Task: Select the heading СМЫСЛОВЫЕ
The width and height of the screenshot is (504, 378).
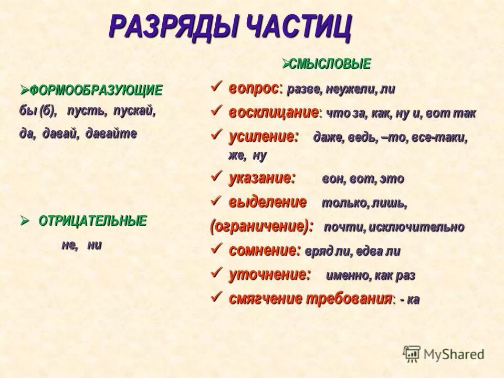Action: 330,64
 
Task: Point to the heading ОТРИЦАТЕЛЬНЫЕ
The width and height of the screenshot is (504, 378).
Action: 92,221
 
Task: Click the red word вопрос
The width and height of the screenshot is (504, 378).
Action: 254,89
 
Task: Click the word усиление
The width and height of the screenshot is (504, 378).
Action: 263,136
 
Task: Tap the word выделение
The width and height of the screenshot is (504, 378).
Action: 267,202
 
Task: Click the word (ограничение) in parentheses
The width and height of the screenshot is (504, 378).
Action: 261,226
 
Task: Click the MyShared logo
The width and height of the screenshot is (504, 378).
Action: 444,354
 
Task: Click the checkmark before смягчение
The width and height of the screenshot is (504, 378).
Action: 216,298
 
